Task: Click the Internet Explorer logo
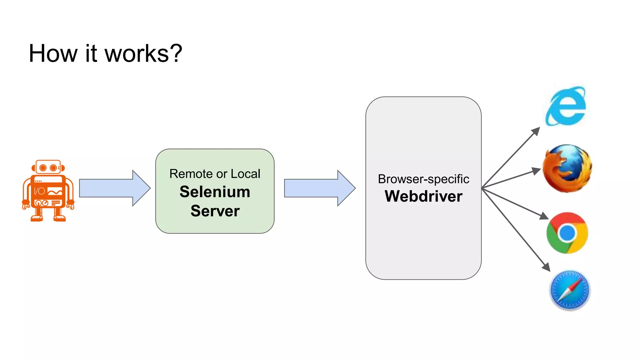coord(566,106)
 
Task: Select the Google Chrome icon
coord(567,233)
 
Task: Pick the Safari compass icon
coord(569,290)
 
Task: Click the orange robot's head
coord(48,167)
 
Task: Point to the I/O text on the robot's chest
coord(39,191)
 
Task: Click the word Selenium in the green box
coord(215,192)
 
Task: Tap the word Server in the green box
coord(215,211)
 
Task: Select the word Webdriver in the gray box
coord(423,196)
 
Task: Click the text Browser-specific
coord(423,179)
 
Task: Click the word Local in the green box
coord(246,174)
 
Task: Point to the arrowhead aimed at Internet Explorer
coord(536,131)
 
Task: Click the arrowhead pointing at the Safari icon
coord(546,267)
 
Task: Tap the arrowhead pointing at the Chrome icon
coord(544,216)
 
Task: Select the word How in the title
coord(53,54)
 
